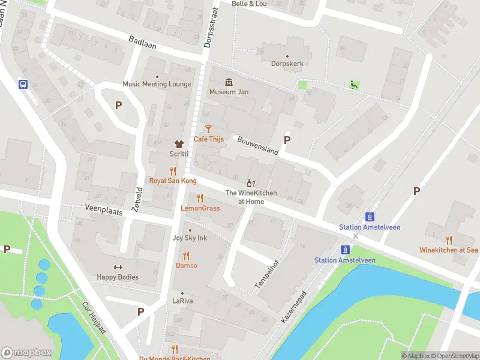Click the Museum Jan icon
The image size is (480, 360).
(x=229, y=82)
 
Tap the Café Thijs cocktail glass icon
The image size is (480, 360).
(x=208, y=129)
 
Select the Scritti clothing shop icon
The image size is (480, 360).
(x=179, y=144)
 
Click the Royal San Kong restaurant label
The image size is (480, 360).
(x=173, y=181)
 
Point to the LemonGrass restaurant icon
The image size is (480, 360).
(x=200, y=199)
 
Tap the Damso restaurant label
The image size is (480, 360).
(x=186, y=265)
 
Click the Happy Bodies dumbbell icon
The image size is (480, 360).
(x=118, y=268)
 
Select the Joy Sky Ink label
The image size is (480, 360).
(x=190, y=238)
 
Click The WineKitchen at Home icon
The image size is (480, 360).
(x=251, y=183)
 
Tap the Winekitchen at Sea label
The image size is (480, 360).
(x=449, y=250)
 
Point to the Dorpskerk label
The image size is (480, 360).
(x=287, y=62)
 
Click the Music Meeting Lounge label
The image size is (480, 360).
(x=157, y=84)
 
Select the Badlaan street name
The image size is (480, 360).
(x=142, y=41)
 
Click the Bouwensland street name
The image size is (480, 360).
(x=258, y=145)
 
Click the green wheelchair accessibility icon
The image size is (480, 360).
(x=355, y=85)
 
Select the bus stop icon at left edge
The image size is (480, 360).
(x=23, y=85)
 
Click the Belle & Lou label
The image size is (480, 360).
(x=249, y=4)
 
